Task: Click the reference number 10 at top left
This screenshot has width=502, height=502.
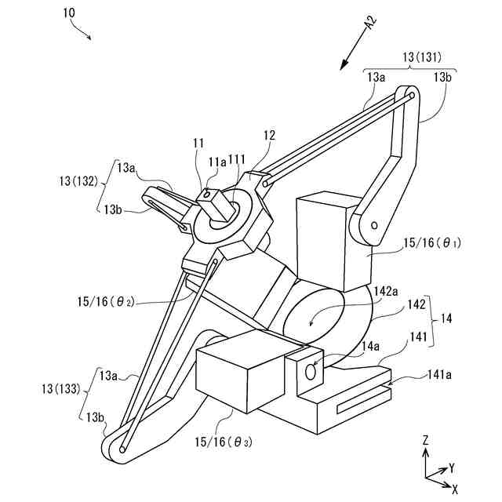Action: point(69,13)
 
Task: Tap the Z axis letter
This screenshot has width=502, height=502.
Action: point(424,442)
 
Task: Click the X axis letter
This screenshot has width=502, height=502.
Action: point(455,488)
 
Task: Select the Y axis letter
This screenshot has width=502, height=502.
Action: point(452,467)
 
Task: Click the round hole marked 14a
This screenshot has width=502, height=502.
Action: point(310,374)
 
